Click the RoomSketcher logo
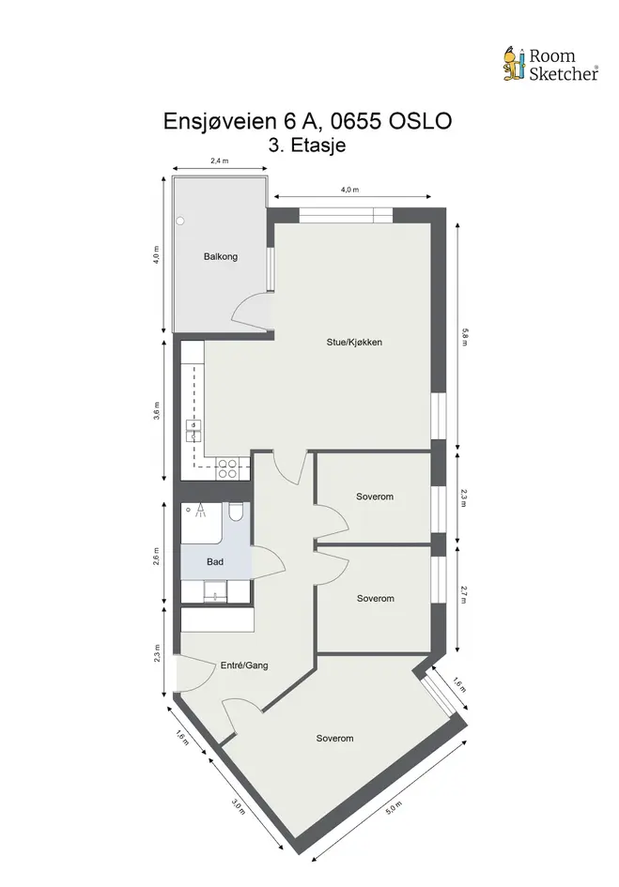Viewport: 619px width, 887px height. click(x=550, y=64)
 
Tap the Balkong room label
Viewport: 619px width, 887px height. click(x=221, y=257)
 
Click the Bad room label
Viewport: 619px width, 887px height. click(x=215, y=561)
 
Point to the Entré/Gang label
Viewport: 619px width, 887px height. click(x=244, y=665)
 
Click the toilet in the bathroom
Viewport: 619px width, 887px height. click(x=236, y=512)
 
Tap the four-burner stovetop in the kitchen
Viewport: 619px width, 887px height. click(x=227, y=469)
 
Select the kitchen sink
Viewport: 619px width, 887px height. click(x=193, y=431)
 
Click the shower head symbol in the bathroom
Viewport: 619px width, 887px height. click(x=200, y=512)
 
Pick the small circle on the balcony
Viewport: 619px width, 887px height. click(x=180, y=222)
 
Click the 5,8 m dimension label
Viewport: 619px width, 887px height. click(x=464, y=337)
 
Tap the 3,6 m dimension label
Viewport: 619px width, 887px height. click(x=157, y=411)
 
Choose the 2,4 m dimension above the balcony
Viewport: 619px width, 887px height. click(x=220, y=161)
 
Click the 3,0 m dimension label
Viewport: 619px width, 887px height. click(x=239, y=806)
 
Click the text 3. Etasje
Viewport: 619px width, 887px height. click(x=307, y=145)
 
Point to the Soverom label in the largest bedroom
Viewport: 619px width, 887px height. click(x=334, y=738)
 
